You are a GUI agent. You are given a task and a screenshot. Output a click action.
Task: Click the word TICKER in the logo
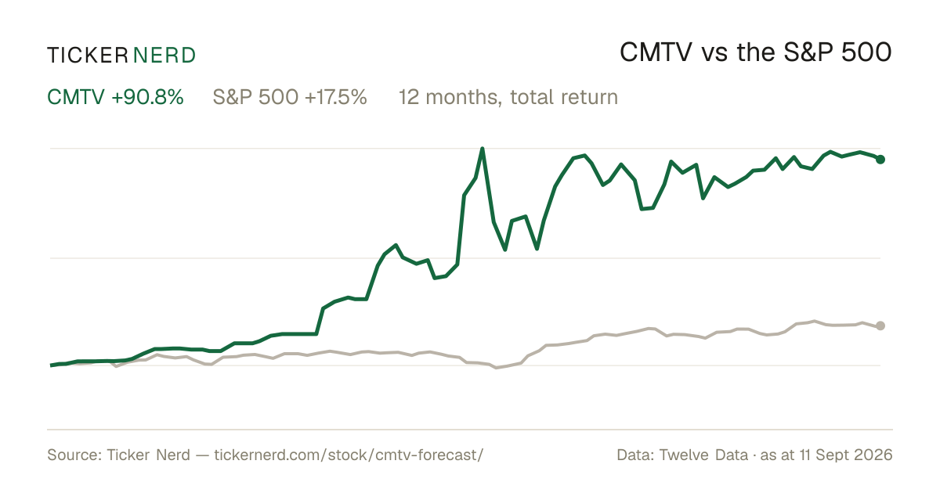(x=88, y=56)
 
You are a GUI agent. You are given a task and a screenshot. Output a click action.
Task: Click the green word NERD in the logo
(x=164, y=56)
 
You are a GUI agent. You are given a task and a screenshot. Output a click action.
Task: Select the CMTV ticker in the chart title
(x=656, y=52)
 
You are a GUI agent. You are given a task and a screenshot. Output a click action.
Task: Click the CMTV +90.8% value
(x=115, y=97)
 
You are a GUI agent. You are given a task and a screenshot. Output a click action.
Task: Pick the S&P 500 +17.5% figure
(x=290, y=97)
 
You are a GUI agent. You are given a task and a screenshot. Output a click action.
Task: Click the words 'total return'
(x=564, y=97)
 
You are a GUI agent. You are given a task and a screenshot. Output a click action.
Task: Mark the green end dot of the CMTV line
(x=880, y=160)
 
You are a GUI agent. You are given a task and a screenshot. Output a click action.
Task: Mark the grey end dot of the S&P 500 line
(x=880, y=326)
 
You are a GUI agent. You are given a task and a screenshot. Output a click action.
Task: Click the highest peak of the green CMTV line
(x=483, y=149)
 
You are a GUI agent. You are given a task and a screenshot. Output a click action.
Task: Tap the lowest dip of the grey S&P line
(x=497, y=368)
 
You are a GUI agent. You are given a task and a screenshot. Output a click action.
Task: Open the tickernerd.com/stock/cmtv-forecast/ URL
(x=349, y=455)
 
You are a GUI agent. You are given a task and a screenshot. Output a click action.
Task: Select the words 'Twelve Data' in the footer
(x=703, y=455)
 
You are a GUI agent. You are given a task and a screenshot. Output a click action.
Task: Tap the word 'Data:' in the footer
(x=636, y=455)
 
